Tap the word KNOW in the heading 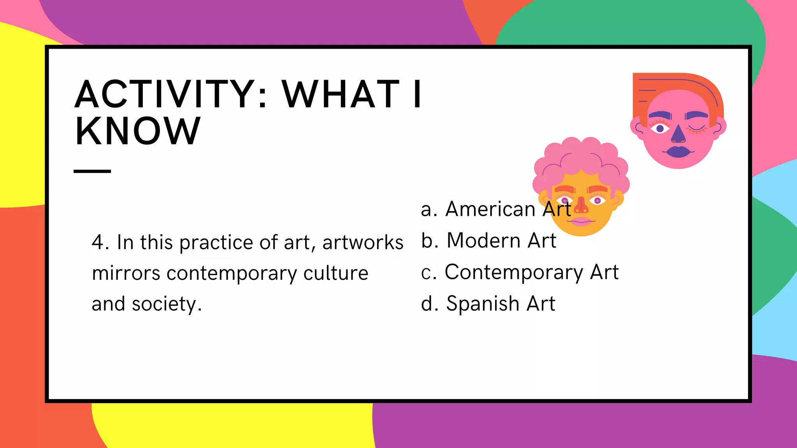(x=138, y=131)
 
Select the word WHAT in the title (x=341, y=94)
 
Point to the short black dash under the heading (x=92, y=171)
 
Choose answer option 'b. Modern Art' (x=488, y=240)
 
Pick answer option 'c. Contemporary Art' (x=520, y=272)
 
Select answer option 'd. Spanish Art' (x=488, y=303)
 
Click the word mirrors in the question (x=126, y=273)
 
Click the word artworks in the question (x=363, y=243)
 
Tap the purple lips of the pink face (x=678, y=151)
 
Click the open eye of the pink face (x=660, y=128)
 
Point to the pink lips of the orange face (x=581, y=221)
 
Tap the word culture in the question (x=335, y=273)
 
